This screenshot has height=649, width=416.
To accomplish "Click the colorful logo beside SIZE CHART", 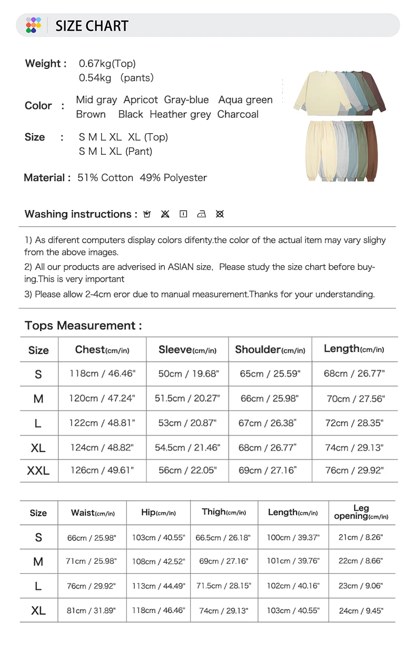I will [x=33, y=25].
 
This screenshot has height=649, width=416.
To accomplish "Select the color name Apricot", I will [x=141, y=100].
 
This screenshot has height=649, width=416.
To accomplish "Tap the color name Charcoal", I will [x=238, y=114].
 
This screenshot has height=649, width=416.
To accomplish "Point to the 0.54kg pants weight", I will [x=95, y=78].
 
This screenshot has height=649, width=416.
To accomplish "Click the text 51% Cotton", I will [x=105, y=178].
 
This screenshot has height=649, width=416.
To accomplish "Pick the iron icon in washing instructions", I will [x=201, y=214].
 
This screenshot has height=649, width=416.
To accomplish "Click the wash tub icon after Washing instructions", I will [x=147, y=214].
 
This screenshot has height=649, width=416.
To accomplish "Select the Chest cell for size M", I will [x=102, y=398].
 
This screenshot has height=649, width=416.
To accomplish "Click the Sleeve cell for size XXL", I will [x=187, y=470].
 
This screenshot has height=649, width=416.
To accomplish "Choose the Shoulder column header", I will [x=270, y=350].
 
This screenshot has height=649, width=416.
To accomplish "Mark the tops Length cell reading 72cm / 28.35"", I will [x=354, y=423].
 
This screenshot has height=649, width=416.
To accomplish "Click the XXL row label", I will [x=38, y=471].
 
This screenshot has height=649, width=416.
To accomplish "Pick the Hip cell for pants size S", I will [x=158, y=537].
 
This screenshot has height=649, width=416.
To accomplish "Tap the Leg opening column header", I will [x=361, y=512].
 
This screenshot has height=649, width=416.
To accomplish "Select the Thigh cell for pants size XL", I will [x=223, y=611].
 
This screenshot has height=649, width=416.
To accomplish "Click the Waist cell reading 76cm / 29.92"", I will [x=91, y=586].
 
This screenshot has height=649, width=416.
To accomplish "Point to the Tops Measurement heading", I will [x=83, y=326].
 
